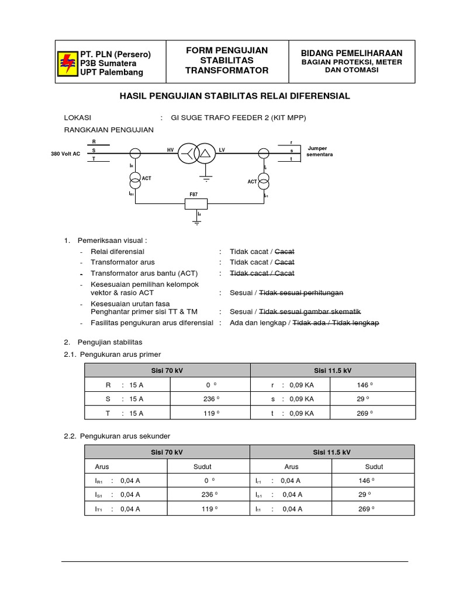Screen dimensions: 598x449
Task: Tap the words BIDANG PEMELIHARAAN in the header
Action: click(352, 53)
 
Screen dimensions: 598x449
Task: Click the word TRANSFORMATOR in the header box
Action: click(226, 71)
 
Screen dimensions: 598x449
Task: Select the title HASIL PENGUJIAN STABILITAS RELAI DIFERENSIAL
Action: click(234, 96)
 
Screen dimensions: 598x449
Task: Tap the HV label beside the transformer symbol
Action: click(171, 150)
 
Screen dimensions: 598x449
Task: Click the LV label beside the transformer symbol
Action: click(222, 150)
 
